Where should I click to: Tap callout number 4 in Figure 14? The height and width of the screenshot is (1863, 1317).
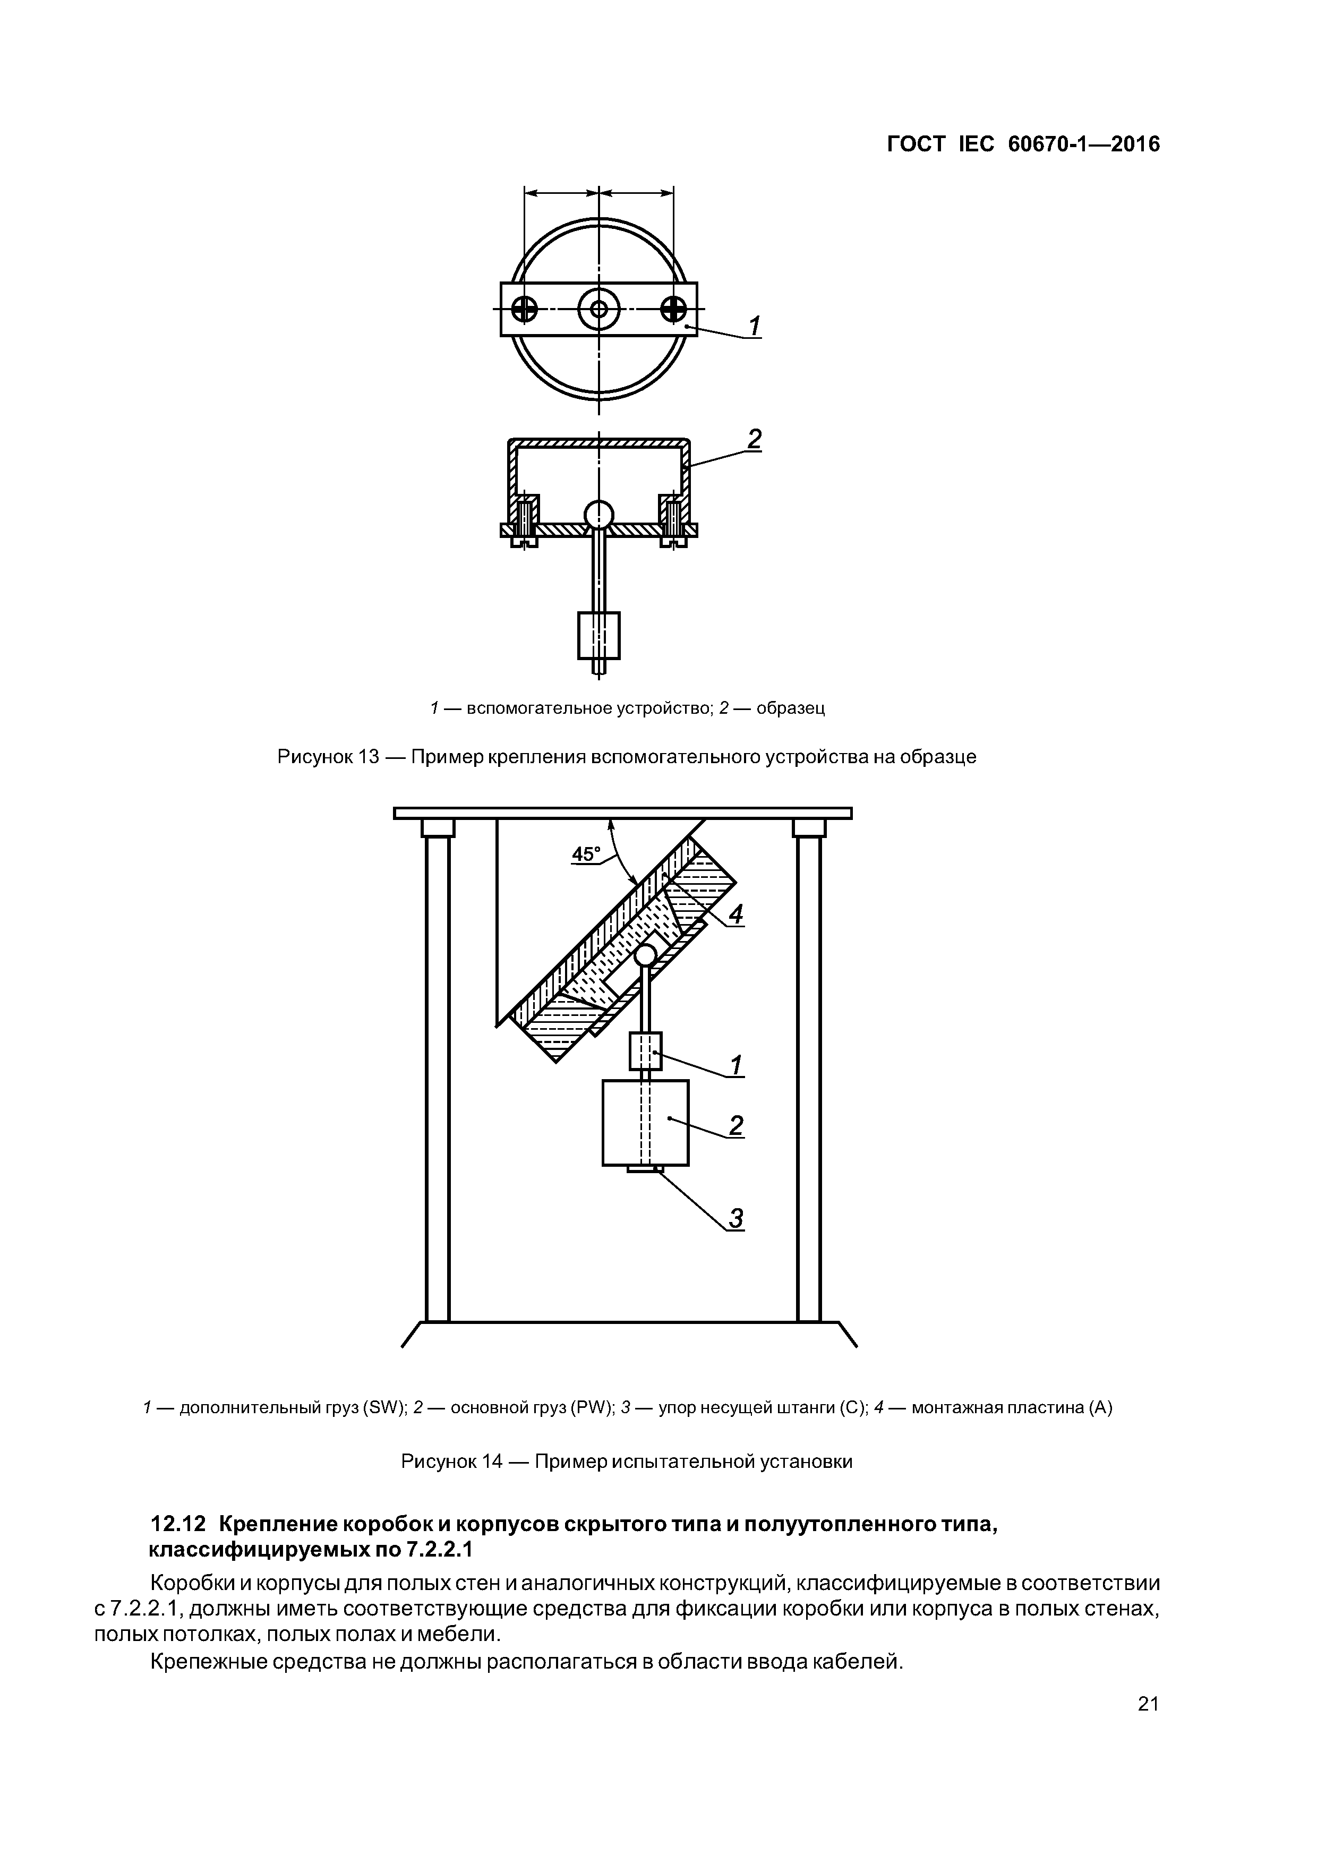[x=735, y=915]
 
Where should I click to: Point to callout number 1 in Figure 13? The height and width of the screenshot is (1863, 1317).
[x=754, y=326]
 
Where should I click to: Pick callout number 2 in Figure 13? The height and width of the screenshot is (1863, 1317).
[x=754, y=440]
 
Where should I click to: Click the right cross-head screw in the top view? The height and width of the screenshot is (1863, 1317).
[x=673, y=309]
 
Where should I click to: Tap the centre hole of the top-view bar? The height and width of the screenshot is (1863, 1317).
[x=599, y=309]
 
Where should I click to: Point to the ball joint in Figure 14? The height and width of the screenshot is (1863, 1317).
[x=646, y=955]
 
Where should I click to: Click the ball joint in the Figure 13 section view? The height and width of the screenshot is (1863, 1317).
[x=599, y=514]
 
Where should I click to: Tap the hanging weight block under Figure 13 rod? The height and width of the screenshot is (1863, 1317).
[x=599, y=635]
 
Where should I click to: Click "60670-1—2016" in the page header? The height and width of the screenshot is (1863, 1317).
[x=1083, y=144]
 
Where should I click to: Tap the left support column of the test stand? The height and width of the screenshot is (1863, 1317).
[x=438, y=1079]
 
